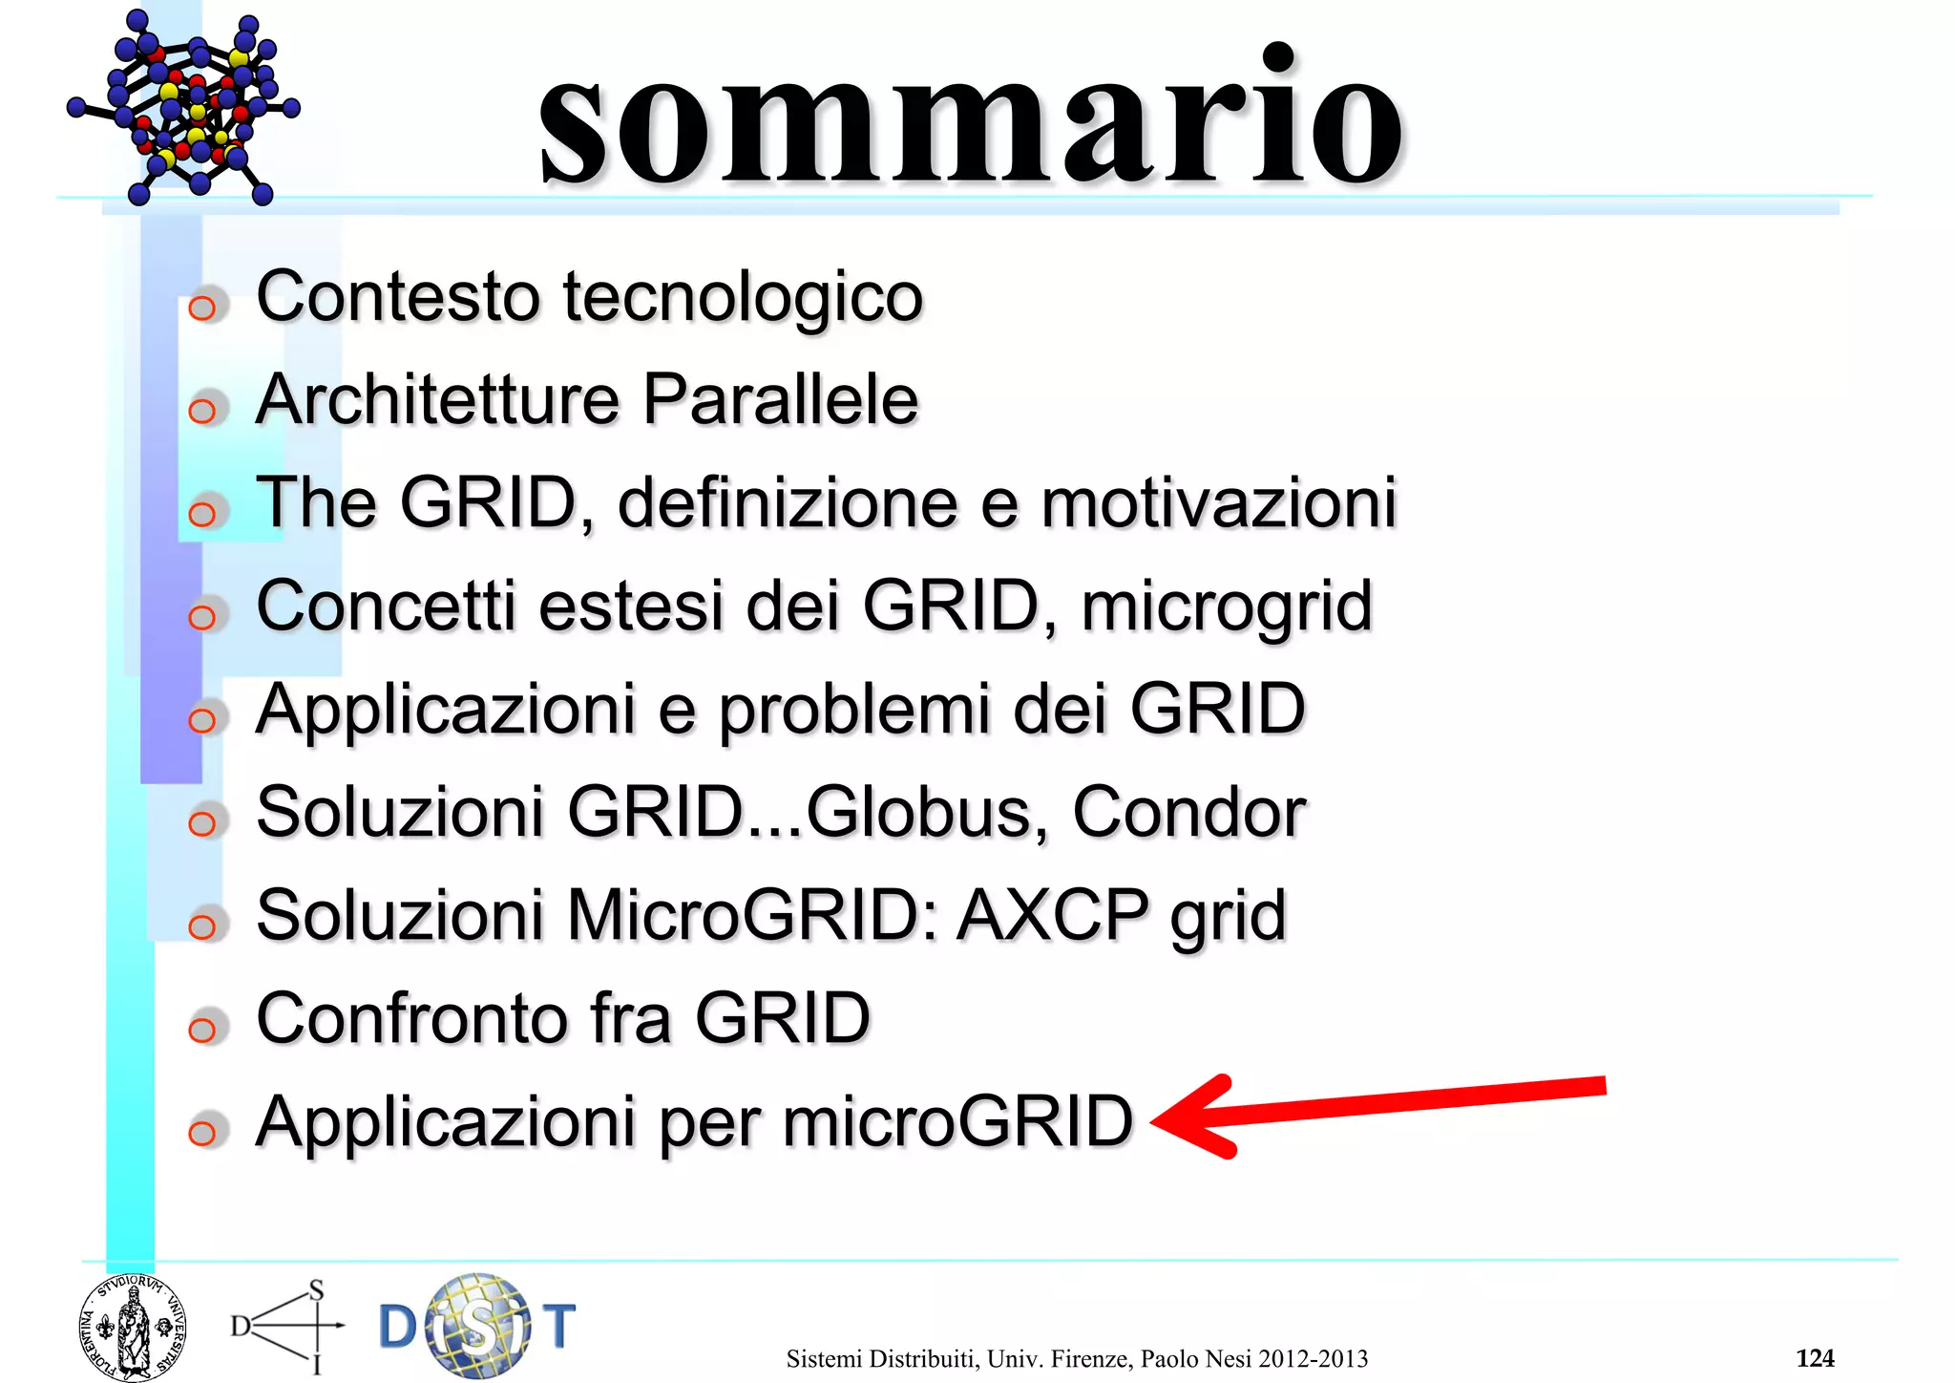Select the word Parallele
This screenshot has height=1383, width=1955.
click(780, 399)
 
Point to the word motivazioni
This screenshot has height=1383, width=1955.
click(1218, 502)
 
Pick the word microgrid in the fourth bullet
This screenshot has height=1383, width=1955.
click(1227, 607)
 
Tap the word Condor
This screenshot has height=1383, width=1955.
click(1188, 813)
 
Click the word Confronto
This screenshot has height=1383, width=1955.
click(414, 1018)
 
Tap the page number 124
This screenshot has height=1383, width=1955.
click(1815, 1358)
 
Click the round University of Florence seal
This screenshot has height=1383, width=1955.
click(133, 1328)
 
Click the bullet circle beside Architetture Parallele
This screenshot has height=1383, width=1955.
click(202, 412)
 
